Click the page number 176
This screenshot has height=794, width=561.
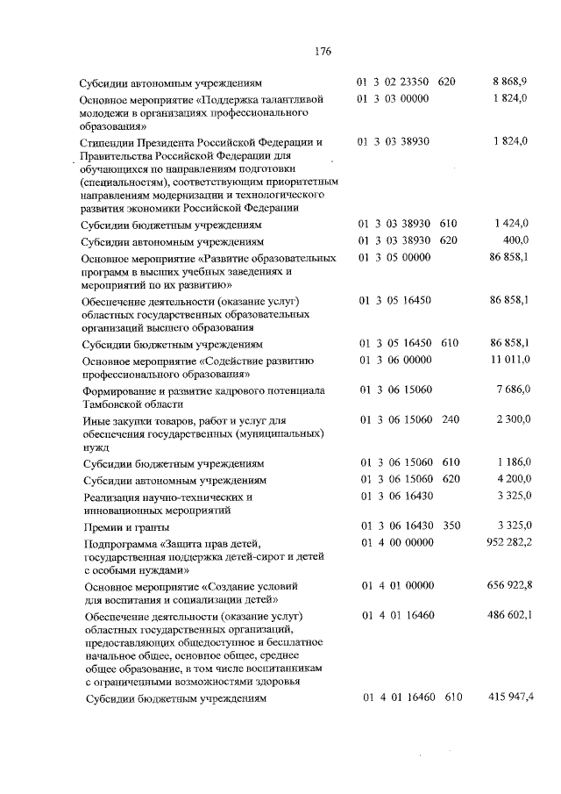click(x=322, y=51)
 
